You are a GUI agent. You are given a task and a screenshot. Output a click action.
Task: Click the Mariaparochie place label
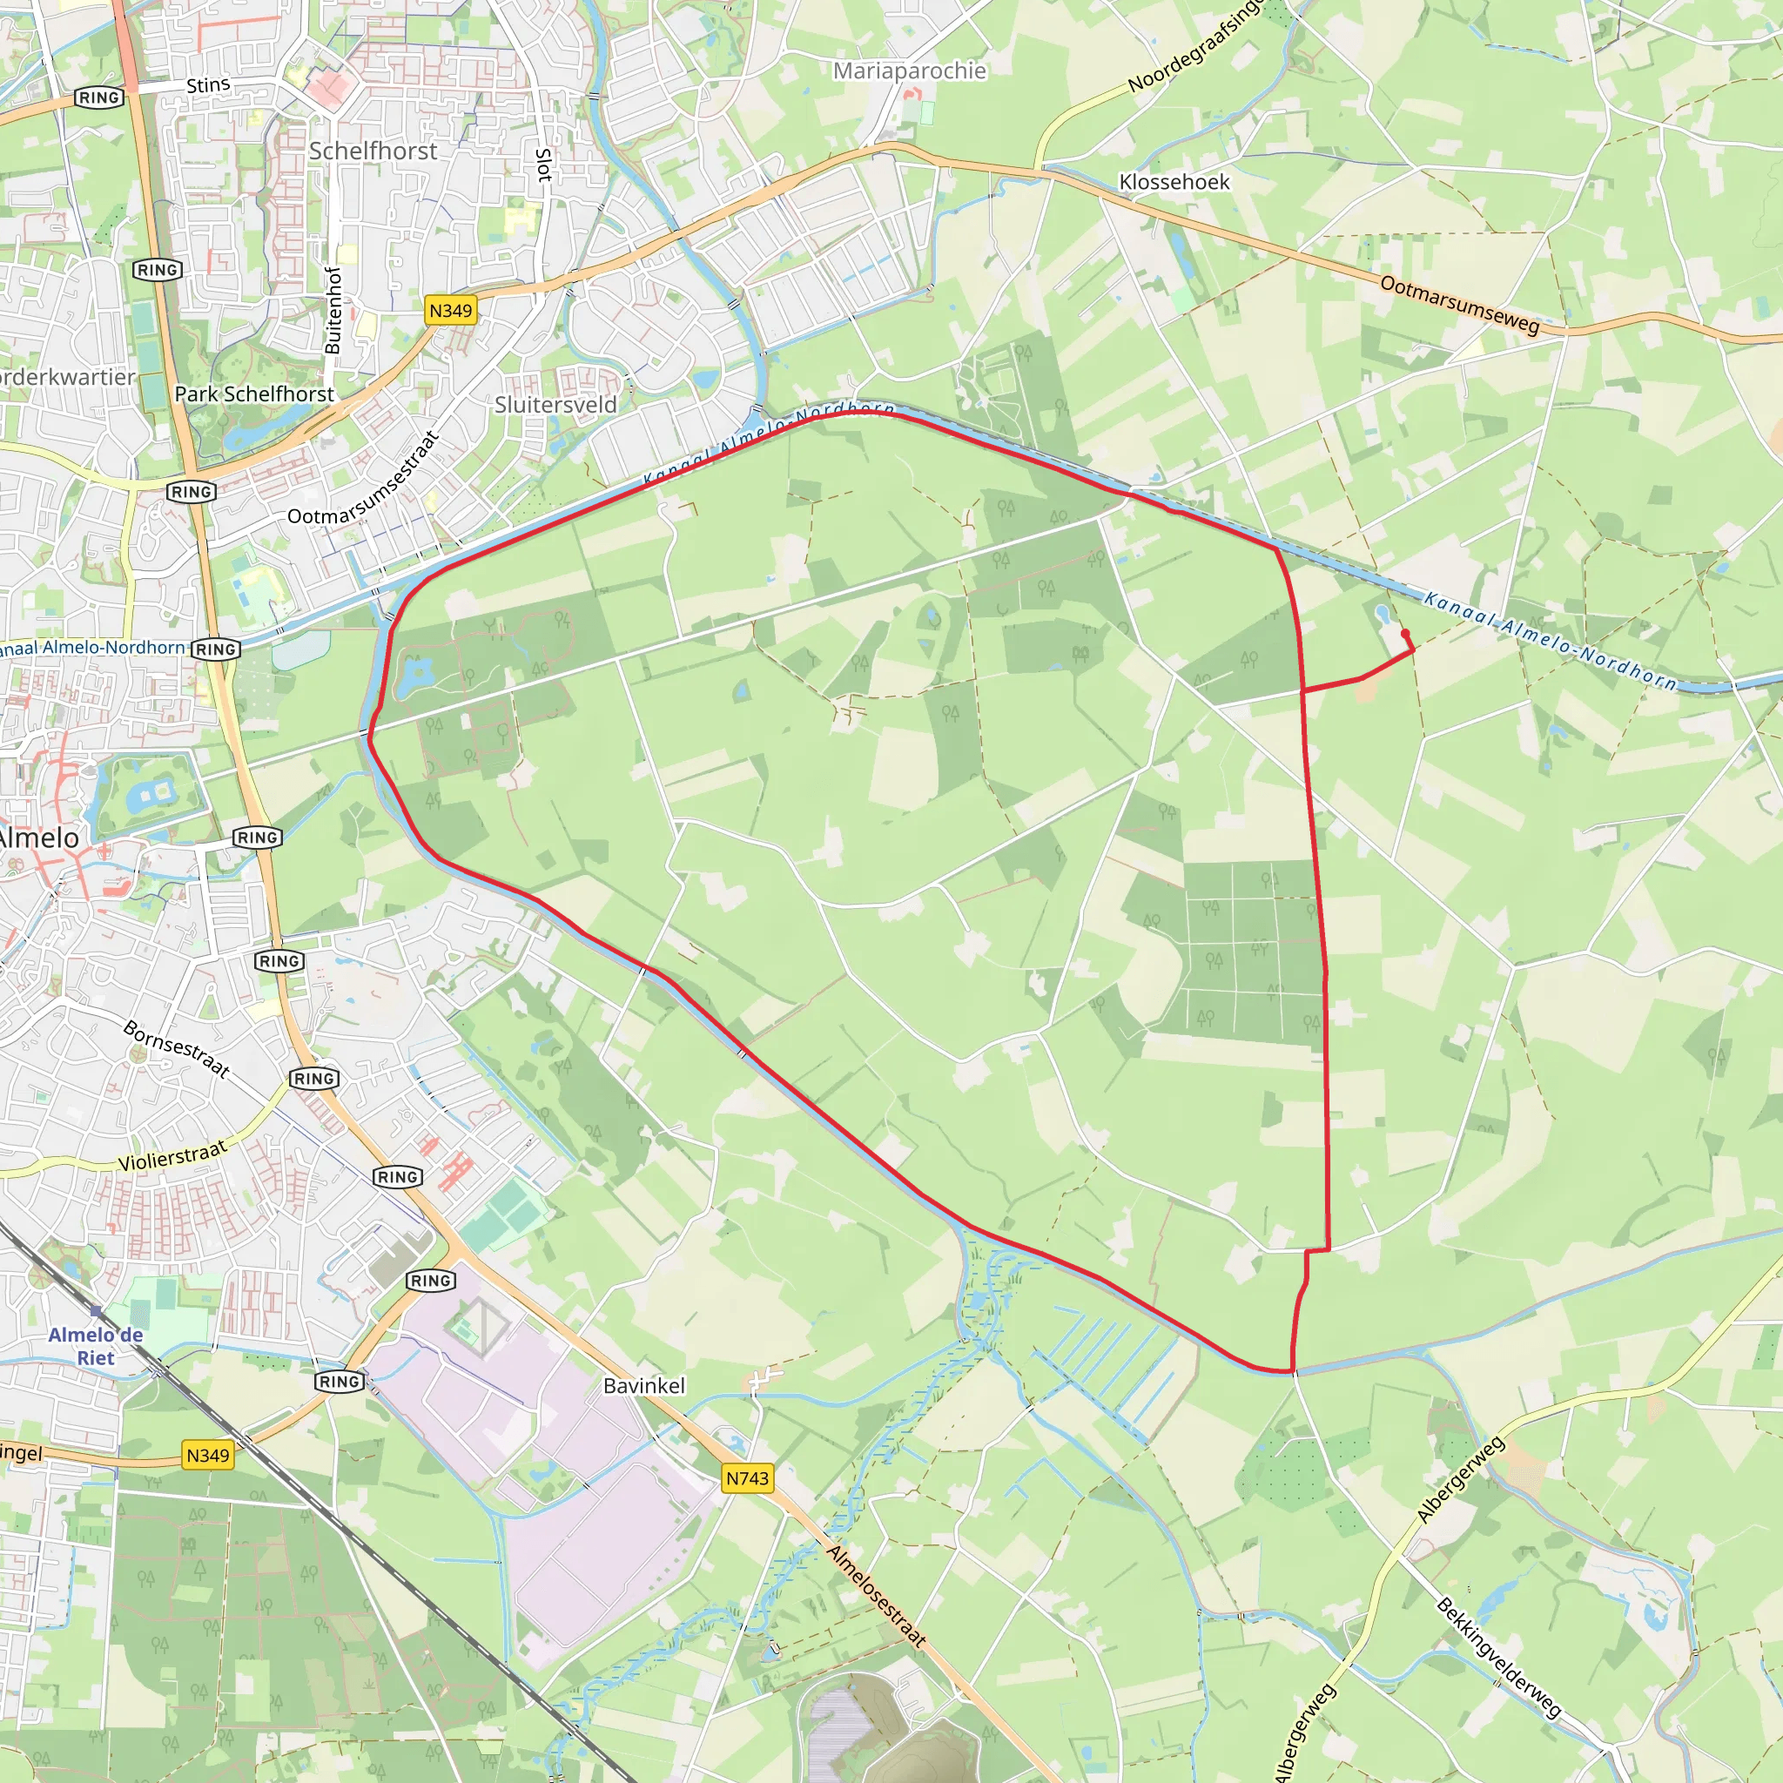click(x=909, y=71)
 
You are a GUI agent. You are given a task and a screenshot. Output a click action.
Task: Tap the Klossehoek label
click(x=1174, y=182)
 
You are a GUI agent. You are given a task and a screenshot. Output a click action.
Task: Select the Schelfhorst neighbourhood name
click(x=373, y=151)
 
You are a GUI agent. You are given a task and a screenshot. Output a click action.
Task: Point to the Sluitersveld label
click(x=555, y=404)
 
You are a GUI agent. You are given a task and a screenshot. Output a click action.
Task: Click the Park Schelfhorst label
click(x=254, y=394)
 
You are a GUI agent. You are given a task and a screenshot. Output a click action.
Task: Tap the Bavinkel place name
click(x=644, y=1385)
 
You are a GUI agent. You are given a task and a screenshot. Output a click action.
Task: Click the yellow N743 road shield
click(x=747, y=1477)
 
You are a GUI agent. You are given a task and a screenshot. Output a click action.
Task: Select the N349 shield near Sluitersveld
click(x=450, y=310)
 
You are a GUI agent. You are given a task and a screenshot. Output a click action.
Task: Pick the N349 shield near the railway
click(x=208, y=1455)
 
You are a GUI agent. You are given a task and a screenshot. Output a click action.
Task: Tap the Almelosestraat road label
click(x=876, y=1596)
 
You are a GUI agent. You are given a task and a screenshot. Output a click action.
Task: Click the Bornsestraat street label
click(x=175, y=1048)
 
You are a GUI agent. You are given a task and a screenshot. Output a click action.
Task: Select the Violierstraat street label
click(x=172, y=1155)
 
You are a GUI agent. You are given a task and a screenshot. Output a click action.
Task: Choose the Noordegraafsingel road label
click(x=1195, y=46)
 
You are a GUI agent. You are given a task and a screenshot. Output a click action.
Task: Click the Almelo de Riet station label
click(x=95, y=1346)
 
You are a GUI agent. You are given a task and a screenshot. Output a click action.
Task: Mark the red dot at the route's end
click(x=1404, y=633)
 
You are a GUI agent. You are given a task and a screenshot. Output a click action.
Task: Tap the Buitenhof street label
click(x=333, y=310)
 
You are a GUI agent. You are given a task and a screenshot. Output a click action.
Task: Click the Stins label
click(x=209, y=85)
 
